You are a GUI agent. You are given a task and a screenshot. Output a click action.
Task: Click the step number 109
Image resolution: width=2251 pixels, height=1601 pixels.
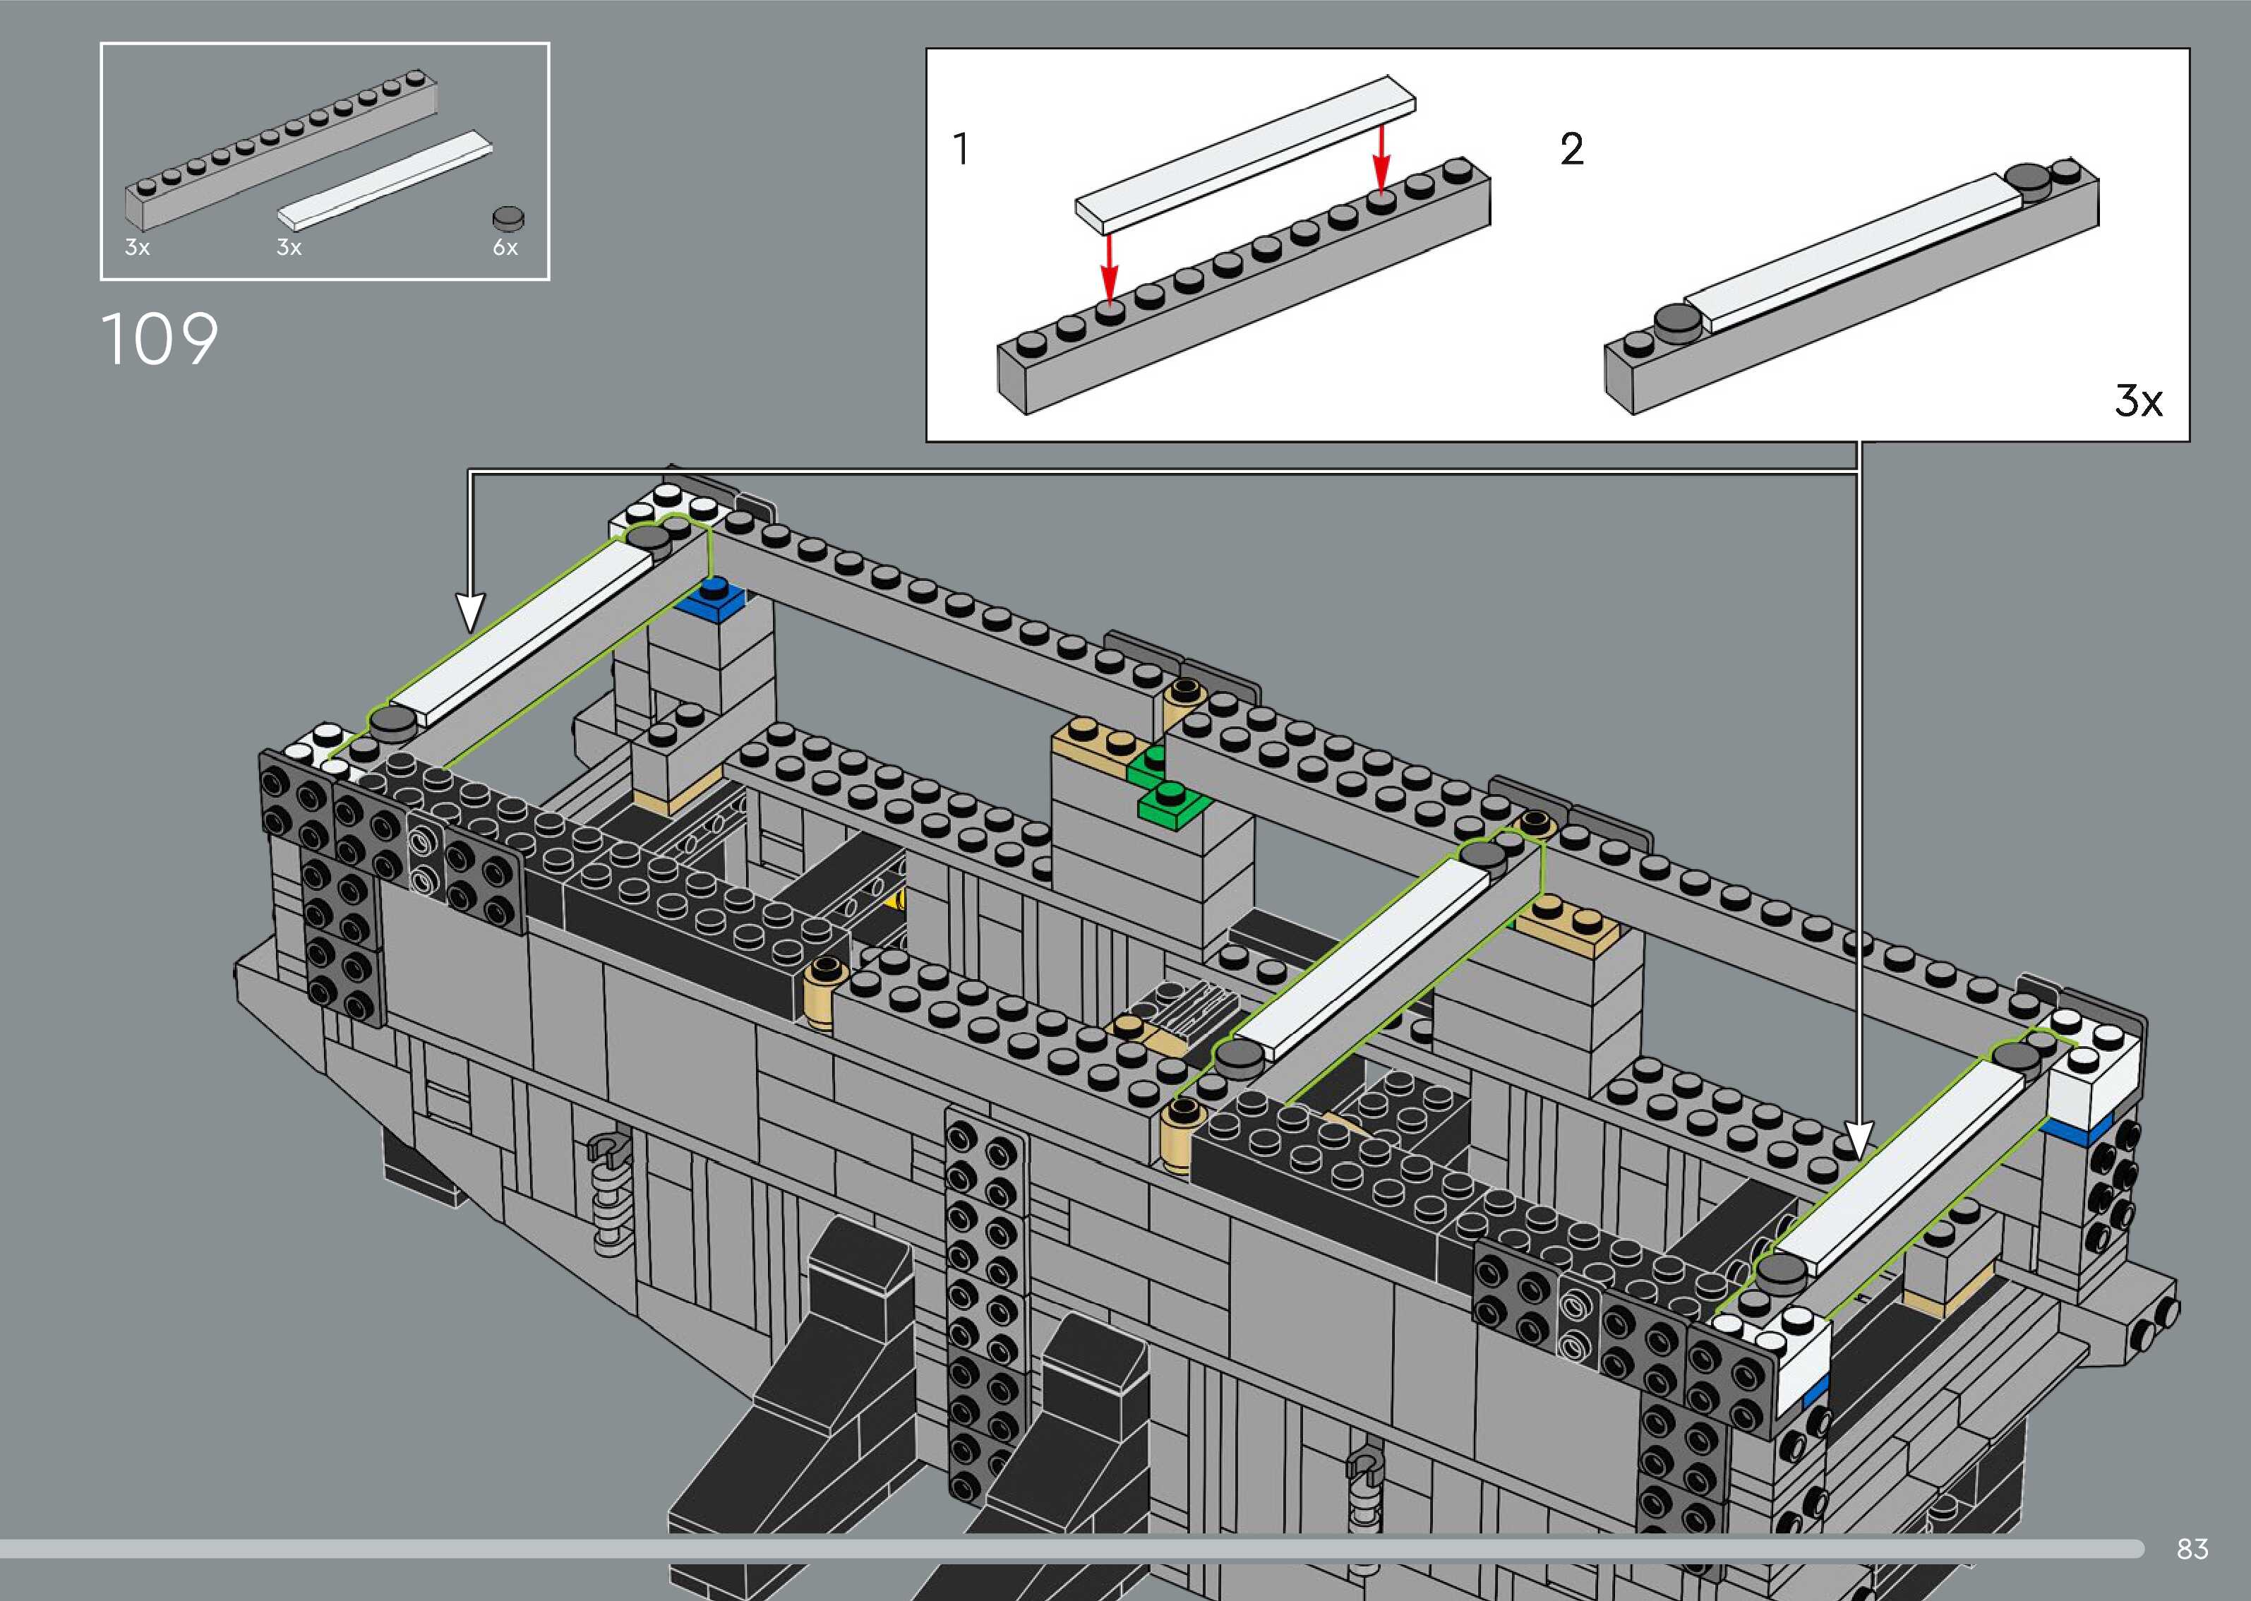tap(160, 340)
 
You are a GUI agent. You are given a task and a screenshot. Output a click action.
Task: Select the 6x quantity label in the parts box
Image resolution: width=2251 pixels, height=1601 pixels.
tap(505, 248)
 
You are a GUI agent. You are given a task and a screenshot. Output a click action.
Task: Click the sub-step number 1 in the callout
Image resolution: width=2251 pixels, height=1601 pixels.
tap(961, 150)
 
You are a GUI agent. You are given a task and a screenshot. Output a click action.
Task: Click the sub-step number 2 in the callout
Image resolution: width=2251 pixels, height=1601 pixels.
tap(1572, 150)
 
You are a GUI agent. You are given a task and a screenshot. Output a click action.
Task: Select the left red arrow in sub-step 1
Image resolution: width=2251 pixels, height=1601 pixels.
tap(1110, 266)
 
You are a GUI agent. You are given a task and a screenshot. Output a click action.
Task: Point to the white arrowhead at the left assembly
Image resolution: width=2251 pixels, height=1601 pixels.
tap(471, 611)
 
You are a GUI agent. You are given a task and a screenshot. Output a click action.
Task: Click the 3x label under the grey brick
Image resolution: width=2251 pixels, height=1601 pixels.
tap(137, 248)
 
